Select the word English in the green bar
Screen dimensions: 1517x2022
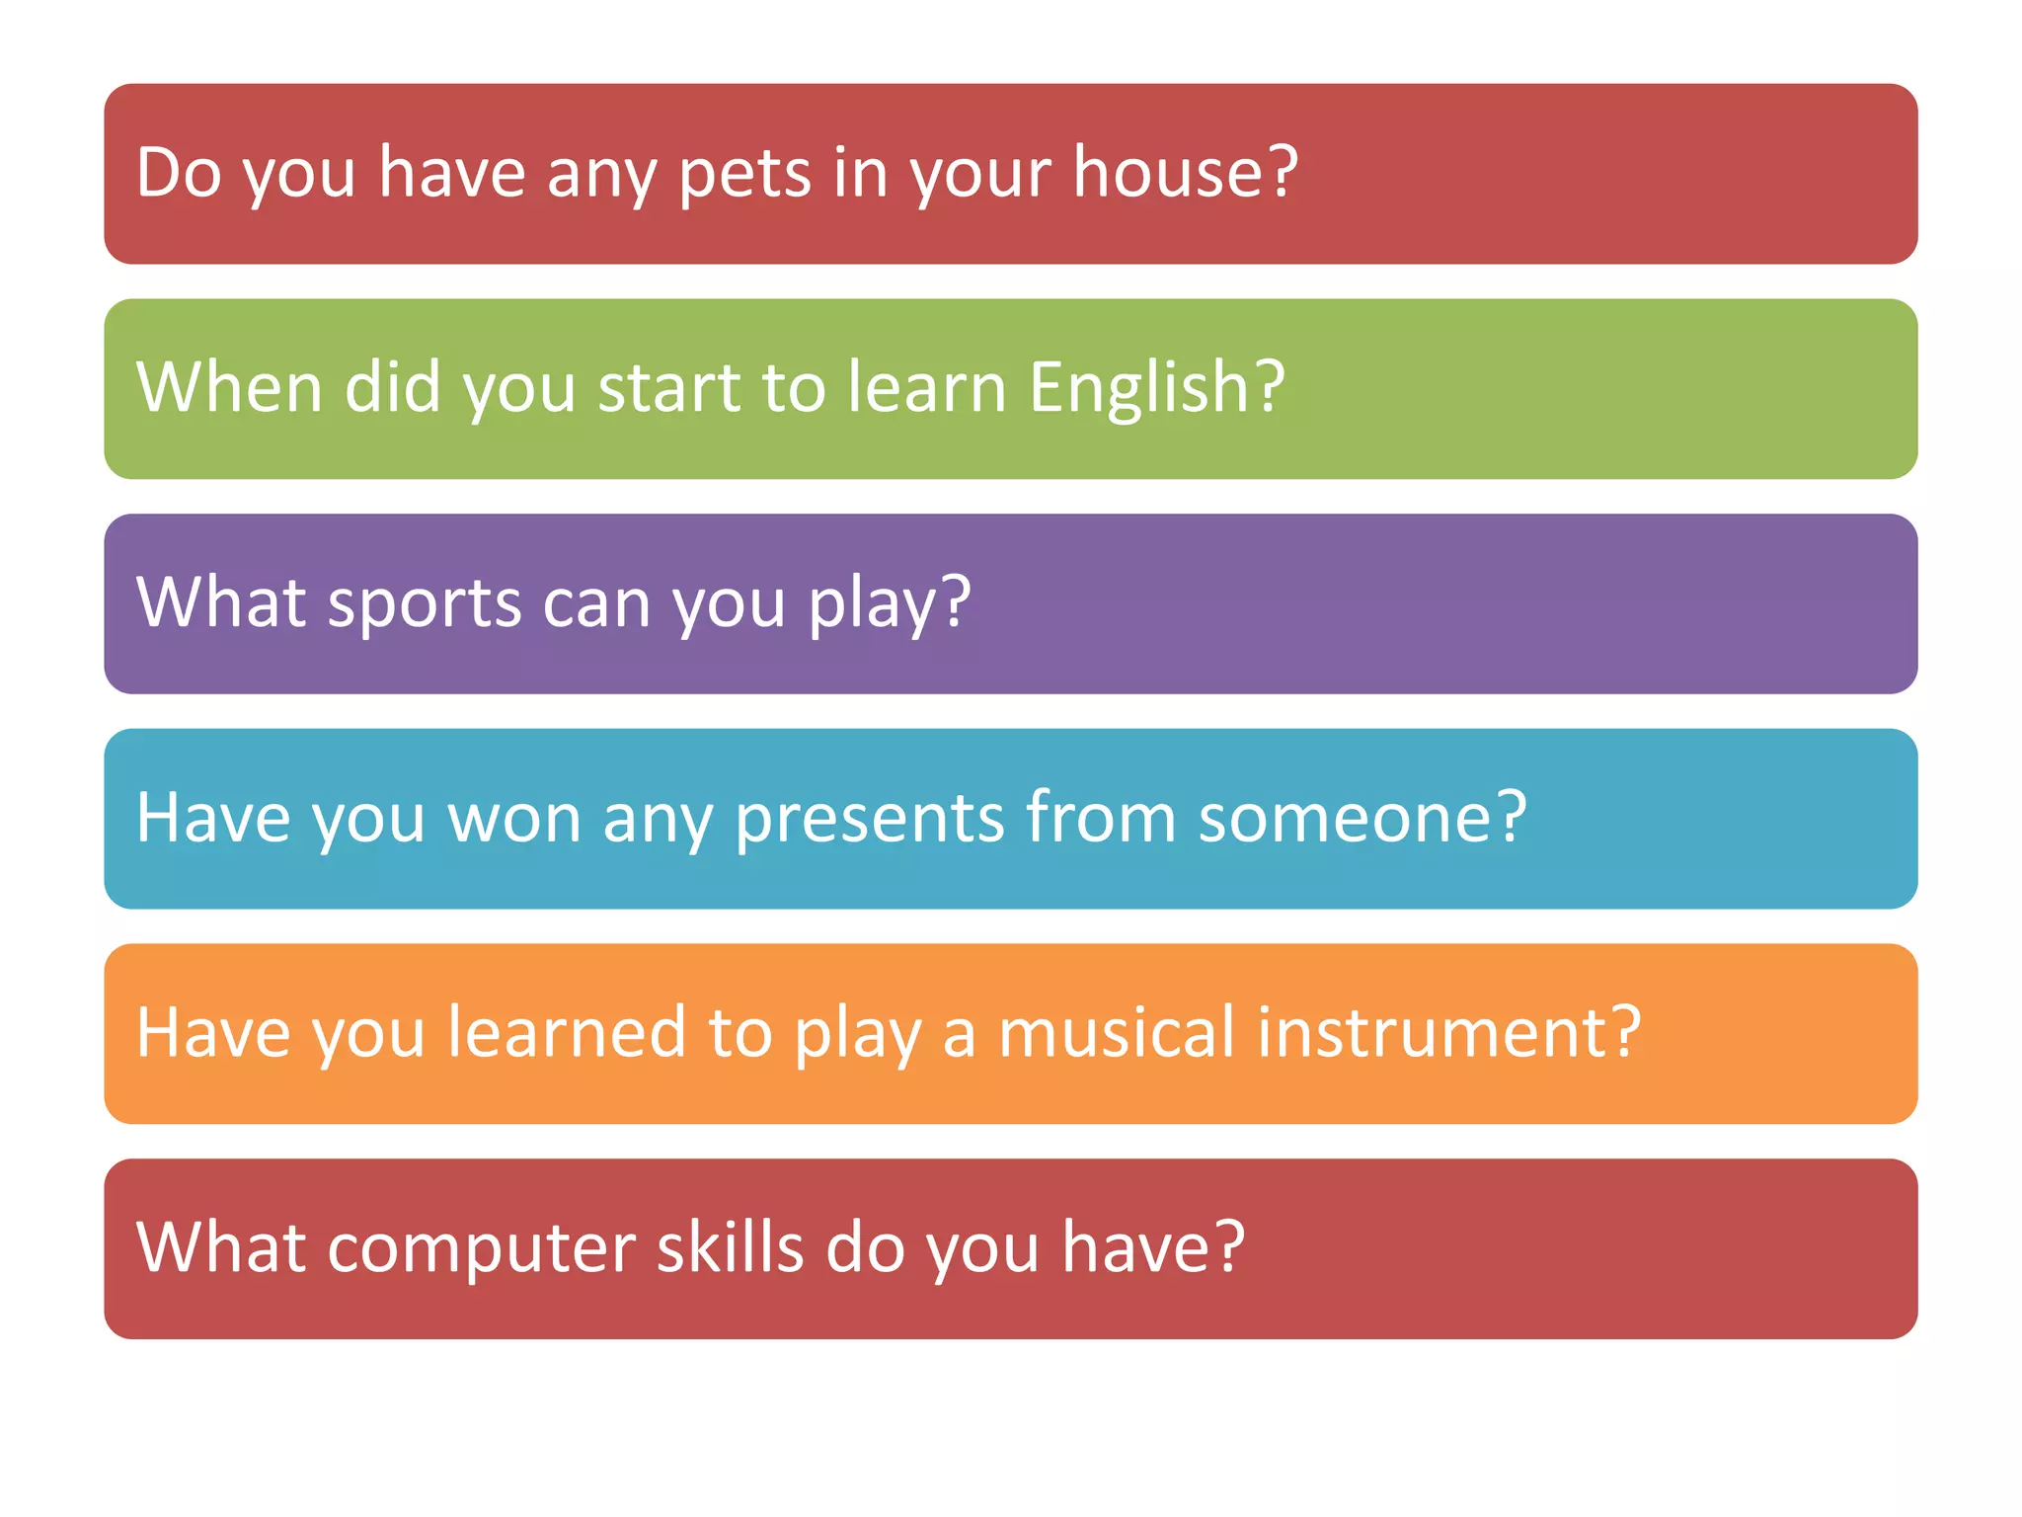(1139, 388)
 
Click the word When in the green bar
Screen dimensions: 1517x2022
(229, 387)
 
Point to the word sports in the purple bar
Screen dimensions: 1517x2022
(424, 603)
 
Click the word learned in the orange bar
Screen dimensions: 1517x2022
(566, 1033)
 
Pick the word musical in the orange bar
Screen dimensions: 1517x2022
(1116, 1033)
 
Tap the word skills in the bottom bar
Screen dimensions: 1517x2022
(730, 1247)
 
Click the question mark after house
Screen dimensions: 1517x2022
(1283, 173)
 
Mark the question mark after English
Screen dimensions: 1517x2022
(1270, 387)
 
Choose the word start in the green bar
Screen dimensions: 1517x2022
(669, 388)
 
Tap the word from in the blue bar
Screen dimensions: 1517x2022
(1101, 819)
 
